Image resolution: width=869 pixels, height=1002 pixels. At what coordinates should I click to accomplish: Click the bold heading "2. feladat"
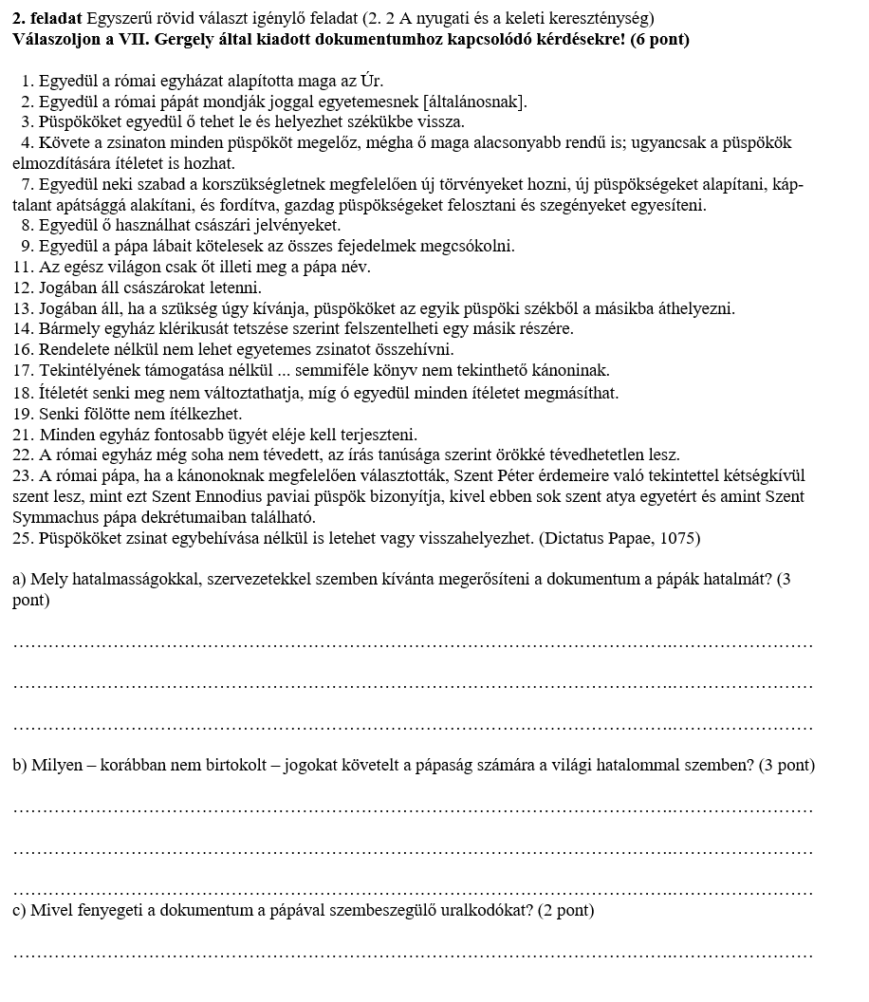tap(47, 19)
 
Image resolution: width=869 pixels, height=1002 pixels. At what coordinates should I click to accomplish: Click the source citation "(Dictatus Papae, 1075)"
tap(619, 539)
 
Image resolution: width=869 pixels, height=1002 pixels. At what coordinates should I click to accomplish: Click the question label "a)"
tap(20, 581)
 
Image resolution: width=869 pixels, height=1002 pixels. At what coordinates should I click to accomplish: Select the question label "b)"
tap(20, 766)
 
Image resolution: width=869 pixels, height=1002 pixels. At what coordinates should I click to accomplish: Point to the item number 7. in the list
tap(28, 184)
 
